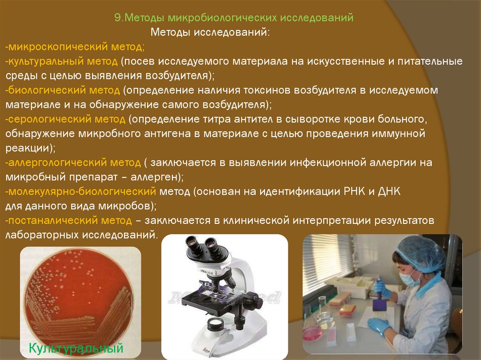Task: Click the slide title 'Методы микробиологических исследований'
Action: (239, 18)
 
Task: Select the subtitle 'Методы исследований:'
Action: (210, 32)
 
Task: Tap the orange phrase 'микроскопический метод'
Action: (75, 46)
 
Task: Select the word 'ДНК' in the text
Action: (389, 191)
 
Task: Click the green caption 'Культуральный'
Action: (76, 348)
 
